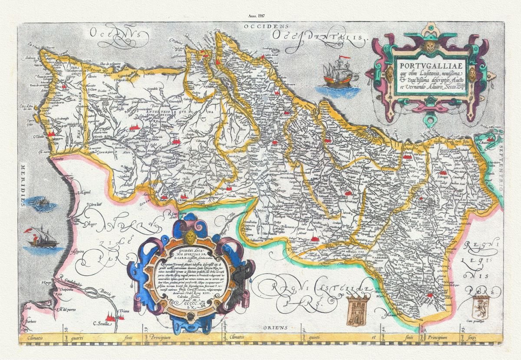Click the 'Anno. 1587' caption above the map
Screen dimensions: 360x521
[x=257, y=16]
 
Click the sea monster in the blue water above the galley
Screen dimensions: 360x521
[x=40, y=202]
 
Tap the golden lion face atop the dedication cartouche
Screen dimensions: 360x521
[x=190, y=237]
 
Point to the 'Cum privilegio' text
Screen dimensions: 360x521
[x=480, y=322]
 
